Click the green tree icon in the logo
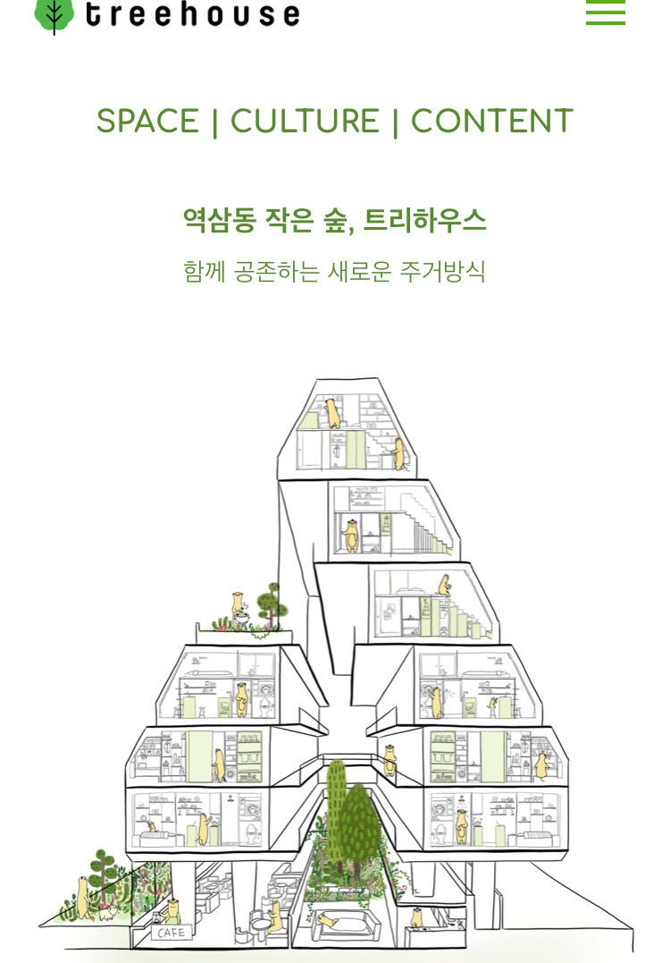coord(54,14)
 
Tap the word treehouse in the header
coord(192,14)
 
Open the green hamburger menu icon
coord(605,13)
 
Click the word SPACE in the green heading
coord(147,122)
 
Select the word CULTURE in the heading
coord(305,122)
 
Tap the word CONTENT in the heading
coord(491,122)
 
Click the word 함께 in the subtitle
coord(203,271)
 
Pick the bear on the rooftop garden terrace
coord(239,607)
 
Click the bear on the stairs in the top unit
coord(398,454)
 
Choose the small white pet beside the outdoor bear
coord(108,914)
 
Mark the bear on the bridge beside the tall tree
coord(389,756)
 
